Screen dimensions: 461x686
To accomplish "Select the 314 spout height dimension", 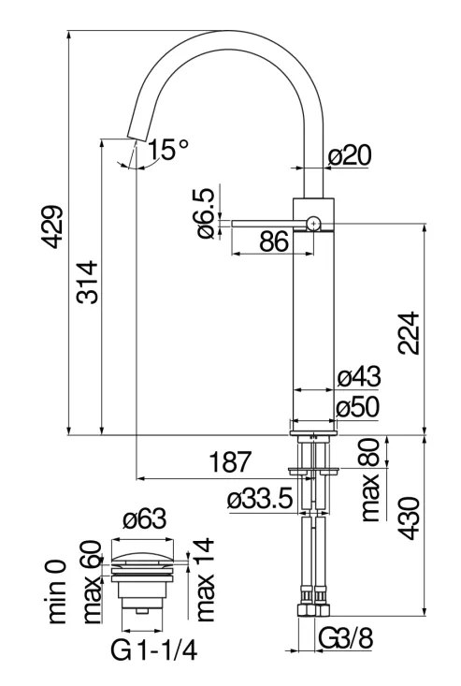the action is tap(87, 283).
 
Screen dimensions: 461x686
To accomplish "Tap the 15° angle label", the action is tap(167, 150).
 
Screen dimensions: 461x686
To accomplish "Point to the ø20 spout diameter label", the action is tap(351, 155).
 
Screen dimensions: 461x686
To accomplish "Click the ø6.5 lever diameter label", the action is tap(207, 213).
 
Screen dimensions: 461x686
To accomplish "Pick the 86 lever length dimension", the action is tap(274, 241).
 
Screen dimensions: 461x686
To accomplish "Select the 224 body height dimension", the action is tap(409, 333).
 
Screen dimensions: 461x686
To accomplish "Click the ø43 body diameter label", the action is tap(359, 376).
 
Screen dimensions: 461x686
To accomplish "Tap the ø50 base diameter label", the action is tap(358, 408).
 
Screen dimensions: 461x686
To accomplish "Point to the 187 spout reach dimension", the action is tap(231, 462).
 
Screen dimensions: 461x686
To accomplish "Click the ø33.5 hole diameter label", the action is tap(260, 499).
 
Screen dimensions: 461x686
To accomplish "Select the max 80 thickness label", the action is tap(370, 479).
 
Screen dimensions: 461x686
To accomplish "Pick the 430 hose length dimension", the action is tap(409, 518).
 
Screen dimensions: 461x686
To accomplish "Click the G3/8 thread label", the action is tap(346, 639).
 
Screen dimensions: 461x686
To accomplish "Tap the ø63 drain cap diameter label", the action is tap(145, 518).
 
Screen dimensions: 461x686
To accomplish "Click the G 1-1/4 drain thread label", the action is tap(153, 651).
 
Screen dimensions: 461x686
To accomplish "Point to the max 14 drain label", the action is tap(205, 579).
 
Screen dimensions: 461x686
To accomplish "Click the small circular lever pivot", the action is tap(313, 224).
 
